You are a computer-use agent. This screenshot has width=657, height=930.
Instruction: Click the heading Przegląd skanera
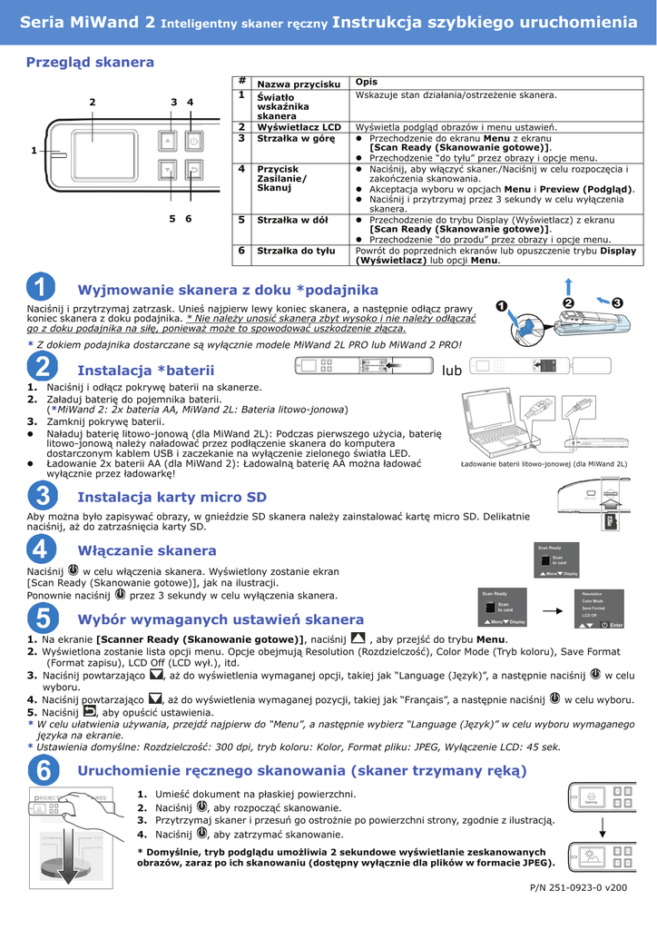90,63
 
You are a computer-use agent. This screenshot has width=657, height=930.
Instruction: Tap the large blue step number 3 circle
42,496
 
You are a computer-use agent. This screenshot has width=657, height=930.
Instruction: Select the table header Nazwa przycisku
299,84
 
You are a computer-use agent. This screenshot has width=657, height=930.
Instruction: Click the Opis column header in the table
366,83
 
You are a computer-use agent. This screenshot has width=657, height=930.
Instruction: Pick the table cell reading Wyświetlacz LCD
299,127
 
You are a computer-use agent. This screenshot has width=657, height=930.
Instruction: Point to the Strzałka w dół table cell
291,220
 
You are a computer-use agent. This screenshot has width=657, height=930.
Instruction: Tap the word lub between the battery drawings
451,371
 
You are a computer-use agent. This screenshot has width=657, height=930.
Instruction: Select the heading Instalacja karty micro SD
172,497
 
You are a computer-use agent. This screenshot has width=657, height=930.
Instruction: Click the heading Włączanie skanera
147,550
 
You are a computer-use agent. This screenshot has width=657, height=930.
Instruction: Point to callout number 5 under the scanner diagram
172,219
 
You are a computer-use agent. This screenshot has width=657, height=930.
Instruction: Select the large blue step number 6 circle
42,770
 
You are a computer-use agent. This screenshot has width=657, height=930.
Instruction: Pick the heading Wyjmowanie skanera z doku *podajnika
228,290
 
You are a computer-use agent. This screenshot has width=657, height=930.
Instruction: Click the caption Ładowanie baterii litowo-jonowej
544,464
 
